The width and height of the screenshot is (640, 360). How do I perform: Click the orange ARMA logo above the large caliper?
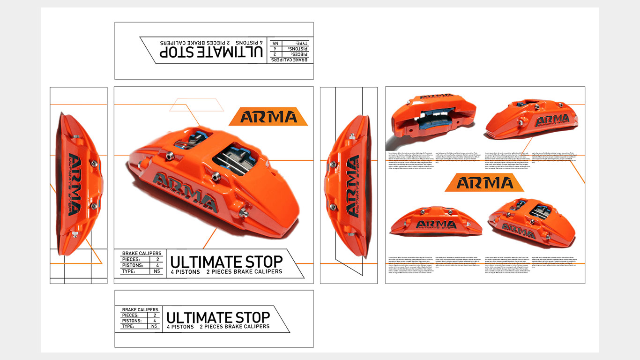268,117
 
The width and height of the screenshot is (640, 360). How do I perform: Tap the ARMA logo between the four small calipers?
484,182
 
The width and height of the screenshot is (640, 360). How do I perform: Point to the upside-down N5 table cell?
275,43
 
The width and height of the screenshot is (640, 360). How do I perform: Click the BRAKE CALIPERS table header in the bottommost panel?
140,310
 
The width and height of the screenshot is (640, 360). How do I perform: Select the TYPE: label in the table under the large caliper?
128,271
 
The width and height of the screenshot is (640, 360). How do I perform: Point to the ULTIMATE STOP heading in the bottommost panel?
218,317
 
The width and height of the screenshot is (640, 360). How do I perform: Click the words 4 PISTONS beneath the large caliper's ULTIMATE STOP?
185,272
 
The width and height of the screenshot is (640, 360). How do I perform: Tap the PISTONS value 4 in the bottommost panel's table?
154,321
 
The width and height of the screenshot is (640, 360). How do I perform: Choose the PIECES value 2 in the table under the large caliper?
157,259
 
